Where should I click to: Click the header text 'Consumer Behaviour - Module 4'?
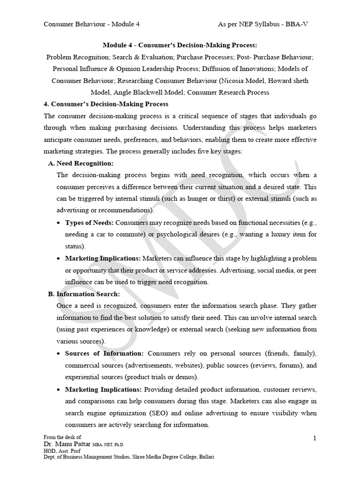(x=91, y=24)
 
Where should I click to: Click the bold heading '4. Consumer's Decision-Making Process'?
(x=106, y=104)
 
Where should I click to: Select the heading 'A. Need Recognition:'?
(x=81, y=163)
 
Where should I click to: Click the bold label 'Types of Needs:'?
(x=89, y=222)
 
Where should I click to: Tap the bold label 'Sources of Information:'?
(x=105, y=353)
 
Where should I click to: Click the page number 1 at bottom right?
(x=315, y=437)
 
